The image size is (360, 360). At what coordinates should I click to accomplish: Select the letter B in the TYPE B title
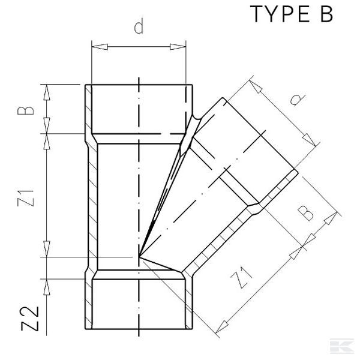click(323, 14)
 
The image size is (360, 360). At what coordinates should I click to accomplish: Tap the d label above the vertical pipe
click(139, 28)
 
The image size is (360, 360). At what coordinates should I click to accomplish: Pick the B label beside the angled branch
click(306, 213)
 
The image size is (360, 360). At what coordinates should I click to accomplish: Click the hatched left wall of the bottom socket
click(88, 303)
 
